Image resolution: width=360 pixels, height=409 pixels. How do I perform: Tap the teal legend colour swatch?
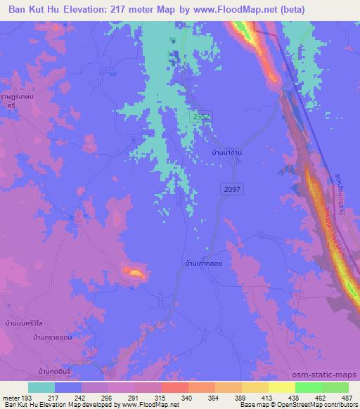[41, 387]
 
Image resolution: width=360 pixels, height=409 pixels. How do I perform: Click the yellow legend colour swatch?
[281, 387]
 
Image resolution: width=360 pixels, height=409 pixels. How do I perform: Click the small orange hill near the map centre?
[133, 271]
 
